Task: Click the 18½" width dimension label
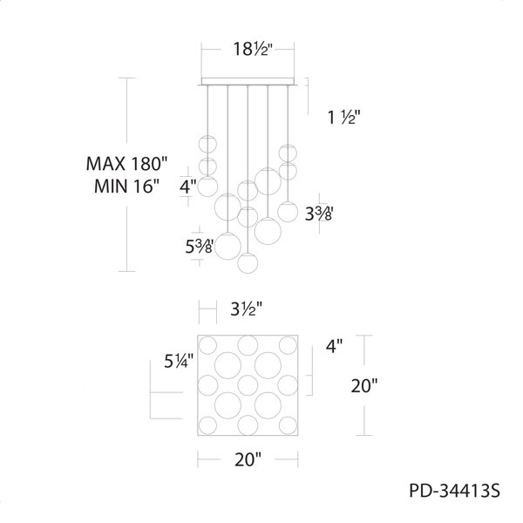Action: [x=253, y=50]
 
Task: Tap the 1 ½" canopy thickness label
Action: [x=344, y=117]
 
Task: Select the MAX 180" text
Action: [x=126, y=164]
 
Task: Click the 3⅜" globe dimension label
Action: [x=319, y=214]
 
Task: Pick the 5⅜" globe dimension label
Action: [x=200, y=247]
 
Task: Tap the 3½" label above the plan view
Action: [x=247, y=309]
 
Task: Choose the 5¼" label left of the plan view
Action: [x=179, y=361]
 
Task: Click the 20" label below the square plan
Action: [x=248, y=459]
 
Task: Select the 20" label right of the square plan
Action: [x=364, y=385]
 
